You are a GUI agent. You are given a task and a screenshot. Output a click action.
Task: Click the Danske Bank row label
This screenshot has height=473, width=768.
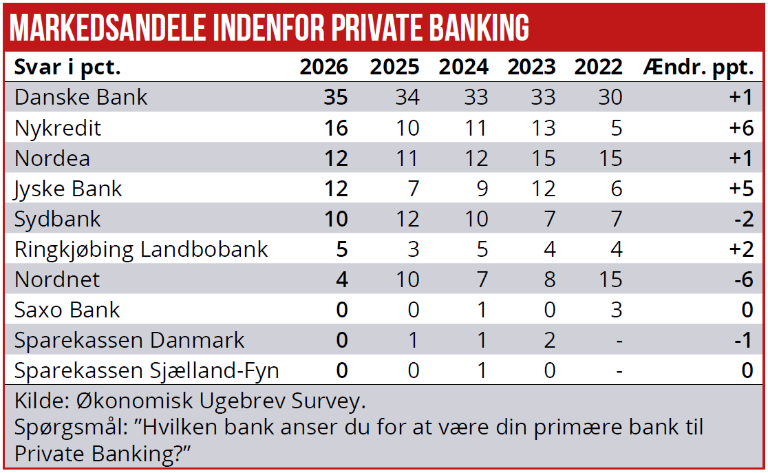pyautogui.click(x=81, y=97)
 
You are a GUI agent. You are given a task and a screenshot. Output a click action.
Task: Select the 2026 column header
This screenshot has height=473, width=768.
pyautogui.click(x=323, y=67)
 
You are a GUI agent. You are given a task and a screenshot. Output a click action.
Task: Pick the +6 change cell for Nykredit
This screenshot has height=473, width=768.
pyautogui.click(x=740, y=128)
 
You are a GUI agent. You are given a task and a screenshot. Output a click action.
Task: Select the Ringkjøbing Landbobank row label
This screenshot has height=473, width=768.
pyautogui.click(x=140, y=249)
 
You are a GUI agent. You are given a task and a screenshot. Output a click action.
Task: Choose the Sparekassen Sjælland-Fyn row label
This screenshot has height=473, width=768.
pyautogui.click(x=147, y=371)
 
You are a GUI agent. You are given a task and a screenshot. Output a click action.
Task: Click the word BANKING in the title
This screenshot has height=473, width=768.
pyautogui.click(x=480, y=28)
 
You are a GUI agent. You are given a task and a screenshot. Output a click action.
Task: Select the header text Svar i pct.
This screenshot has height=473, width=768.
pyautogui.click(x=67, y=67)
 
